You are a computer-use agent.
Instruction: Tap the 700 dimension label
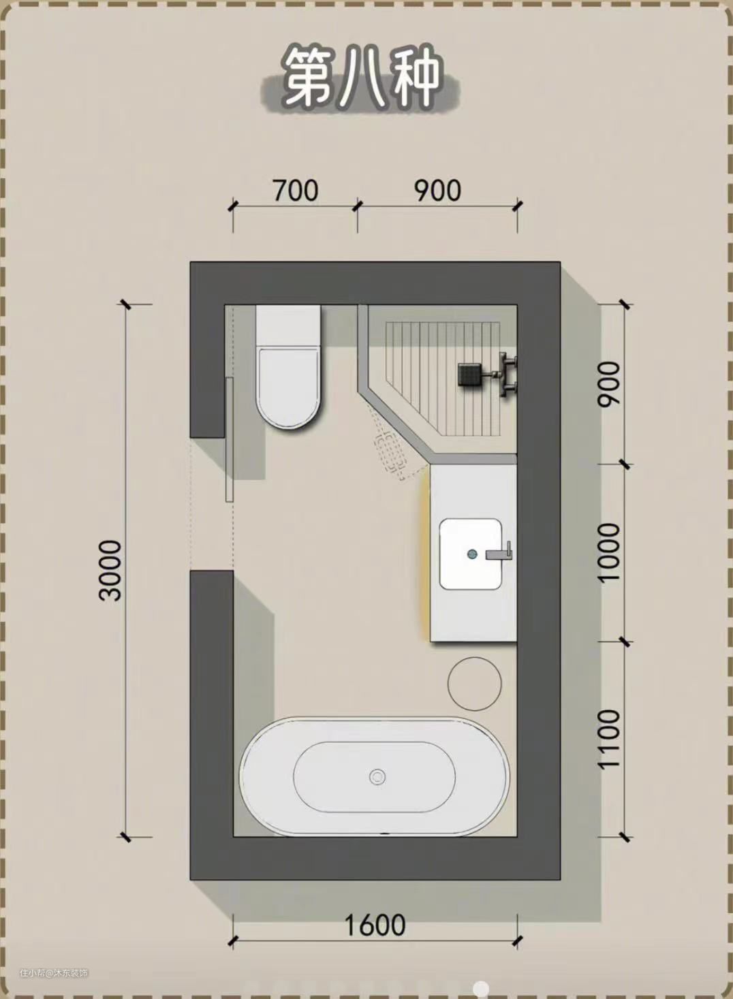pos(296,191)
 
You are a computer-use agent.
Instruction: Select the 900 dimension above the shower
pos(437,191)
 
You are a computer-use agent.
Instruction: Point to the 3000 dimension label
pos(110,571)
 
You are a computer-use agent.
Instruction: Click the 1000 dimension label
pos(609,552)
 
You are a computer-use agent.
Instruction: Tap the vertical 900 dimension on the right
pos(609,384)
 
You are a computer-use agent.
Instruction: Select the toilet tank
pos(288,326)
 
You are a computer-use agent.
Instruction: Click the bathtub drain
pos(377,777)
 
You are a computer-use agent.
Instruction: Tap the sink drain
pos(472,554)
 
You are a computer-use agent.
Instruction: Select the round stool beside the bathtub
pos(474,684)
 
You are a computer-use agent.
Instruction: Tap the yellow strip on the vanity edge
pos(426,552)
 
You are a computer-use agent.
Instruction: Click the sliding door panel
pos(230,440)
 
